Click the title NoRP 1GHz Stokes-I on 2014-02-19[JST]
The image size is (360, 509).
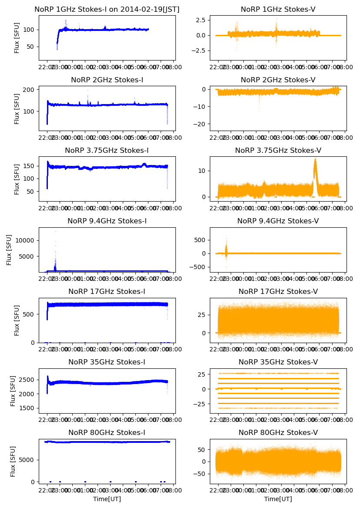(x=107, y=10)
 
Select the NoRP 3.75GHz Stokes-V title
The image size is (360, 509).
(x=278, y=151)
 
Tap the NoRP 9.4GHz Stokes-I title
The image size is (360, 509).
(x=107, y=221)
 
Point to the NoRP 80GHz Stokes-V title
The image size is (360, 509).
(x=278, y=433)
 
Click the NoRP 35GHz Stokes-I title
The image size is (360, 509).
(x=107, y=362)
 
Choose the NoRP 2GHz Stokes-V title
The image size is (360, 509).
(x=278, y=80)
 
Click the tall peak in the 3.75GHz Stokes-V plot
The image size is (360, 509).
(x=315, y=160)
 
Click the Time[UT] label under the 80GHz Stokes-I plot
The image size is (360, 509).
(x=107, y=499)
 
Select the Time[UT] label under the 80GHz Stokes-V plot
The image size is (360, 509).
(x=278, y=499)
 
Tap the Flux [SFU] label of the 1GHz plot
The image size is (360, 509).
(x=17, y=38)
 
